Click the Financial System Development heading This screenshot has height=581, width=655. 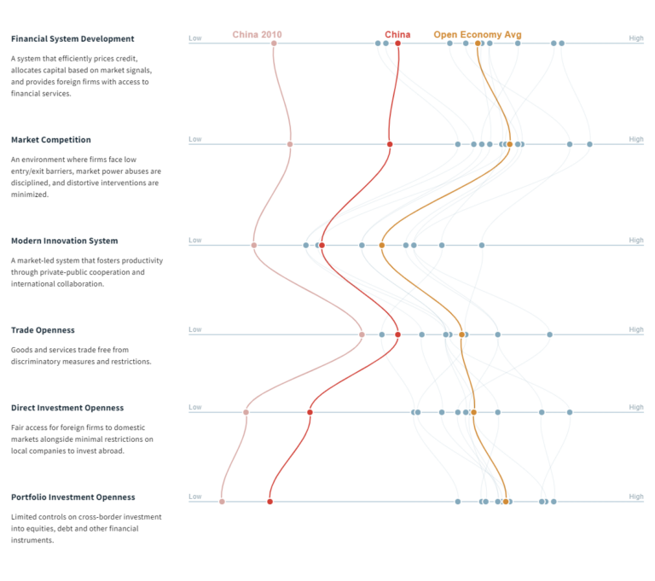pyautogui.click(x=72, y=38)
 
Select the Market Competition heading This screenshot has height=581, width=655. pyautogui.click(x=50, y=139)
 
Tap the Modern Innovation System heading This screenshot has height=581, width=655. pyautogui.click(x=64, y=241)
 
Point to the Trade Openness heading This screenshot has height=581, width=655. pyautogui.click(x=43, y=329)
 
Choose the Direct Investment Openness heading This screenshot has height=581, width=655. pyautogui.click(x=67, y=408)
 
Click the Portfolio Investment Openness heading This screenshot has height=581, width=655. pyautogui.click(x=72, y=497)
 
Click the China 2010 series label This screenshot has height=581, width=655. pyautogui.click(x=257, y=35)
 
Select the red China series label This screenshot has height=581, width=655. pyautogui.click(x=397, y=35)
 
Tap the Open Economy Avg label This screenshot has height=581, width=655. pyautogui.click(x=477, y=35)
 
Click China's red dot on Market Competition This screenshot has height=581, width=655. pyautogui.click(x=390, y=144)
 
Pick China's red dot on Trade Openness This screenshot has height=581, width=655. pyautogui.click(x=397, y=334)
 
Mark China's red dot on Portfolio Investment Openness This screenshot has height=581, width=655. pyautogui.click(x=270, y=502)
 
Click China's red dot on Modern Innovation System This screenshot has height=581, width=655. pyautogui.click(x=322, y=246)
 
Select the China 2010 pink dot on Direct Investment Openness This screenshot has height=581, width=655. pyautogui.click(x=246, y=412)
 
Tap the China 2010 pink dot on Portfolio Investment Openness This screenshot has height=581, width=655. pyautogui.click(x=222, y=502)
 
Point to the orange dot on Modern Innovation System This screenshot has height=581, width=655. pyautogui.click(x=381, y=246)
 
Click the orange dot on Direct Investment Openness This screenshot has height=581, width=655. pyautogui.click(x=473, y=412)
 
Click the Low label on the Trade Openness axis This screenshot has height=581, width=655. pyautogui.click(x=195, y=329)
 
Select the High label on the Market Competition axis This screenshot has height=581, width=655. pyautogui.click(x=636, y=139)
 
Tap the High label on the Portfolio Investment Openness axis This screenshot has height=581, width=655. pyautogui.click(x=636, y=497)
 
